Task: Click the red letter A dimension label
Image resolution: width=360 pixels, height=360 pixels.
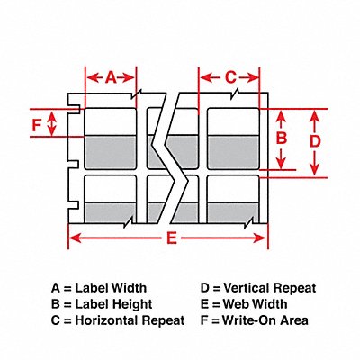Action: tap(111, 77)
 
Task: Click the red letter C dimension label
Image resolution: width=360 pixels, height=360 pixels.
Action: tap(230, 77)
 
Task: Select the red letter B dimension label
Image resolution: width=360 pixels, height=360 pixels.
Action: tap(282, 139)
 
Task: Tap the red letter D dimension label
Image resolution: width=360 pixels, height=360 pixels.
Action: tap(315, 141)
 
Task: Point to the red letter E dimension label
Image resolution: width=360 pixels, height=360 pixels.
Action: tap(172, 238)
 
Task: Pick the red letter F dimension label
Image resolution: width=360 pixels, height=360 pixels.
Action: tap(36, 125)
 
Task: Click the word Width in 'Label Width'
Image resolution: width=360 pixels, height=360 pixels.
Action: tap(129, 288)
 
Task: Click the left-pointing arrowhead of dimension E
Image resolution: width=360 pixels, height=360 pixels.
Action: tap(75, 238)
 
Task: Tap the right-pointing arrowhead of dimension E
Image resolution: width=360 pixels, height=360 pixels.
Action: tap(260, 238)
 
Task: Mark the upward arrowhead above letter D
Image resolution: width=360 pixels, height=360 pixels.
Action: tap(314, 116)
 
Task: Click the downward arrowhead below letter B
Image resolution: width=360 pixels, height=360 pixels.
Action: tap(281, 163)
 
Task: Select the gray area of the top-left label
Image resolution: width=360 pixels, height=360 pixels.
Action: tap(111, 152)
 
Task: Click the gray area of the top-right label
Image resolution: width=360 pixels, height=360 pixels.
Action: tap(233, 152)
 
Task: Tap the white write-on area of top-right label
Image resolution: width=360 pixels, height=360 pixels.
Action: tap(233, 121)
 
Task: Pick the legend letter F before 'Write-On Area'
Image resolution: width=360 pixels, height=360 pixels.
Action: tap(204, 320)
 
